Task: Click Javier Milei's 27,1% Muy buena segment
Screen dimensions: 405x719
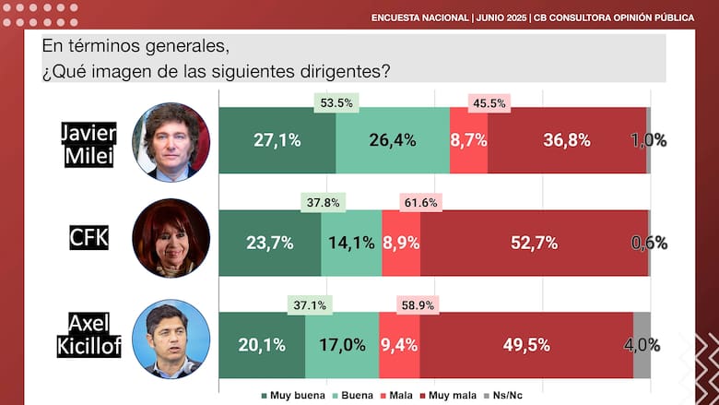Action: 277,140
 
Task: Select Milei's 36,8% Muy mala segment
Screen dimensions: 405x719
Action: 567,140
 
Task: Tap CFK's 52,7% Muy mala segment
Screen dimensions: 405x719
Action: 535,243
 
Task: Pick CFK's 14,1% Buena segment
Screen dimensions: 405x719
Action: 351,243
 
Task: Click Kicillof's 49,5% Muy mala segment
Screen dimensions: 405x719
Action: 526,344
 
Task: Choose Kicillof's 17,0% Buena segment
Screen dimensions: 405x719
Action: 341,344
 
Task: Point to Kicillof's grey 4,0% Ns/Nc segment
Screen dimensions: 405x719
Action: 642,344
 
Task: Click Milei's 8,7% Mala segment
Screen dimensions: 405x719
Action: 469,140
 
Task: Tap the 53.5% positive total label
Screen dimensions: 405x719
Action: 335,103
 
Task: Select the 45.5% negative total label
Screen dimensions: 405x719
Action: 489,103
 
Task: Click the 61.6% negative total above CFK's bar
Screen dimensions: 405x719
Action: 418,202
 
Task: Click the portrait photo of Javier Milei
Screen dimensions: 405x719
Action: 171,141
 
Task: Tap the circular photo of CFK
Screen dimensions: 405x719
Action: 171,238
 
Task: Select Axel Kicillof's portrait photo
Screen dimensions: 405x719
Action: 171,339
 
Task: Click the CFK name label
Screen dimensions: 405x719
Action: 89,237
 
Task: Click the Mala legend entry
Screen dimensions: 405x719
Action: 397,396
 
